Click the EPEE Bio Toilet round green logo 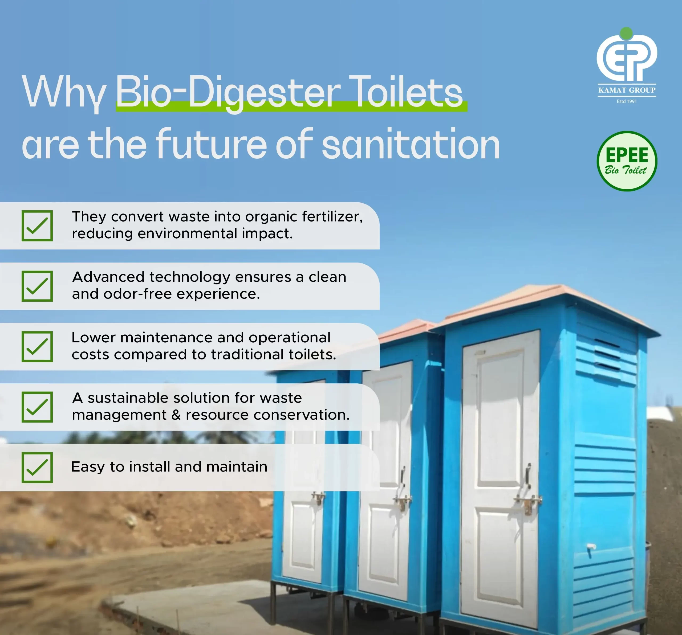point(627,161)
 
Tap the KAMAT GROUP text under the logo point(627,90)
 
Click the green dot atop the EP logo point(626,33)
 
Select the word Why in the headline point(64,93)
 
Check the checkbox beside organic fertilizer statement point(37,226)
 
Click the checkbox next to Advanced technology point(37,286)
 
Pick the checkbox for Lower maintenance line point(37,346)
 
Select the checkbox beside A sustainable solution point(37,407)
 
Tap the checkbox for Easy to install point(37,467)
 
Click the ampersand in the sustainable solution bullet point(176,415)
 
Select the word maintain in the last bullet point(237,467)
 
